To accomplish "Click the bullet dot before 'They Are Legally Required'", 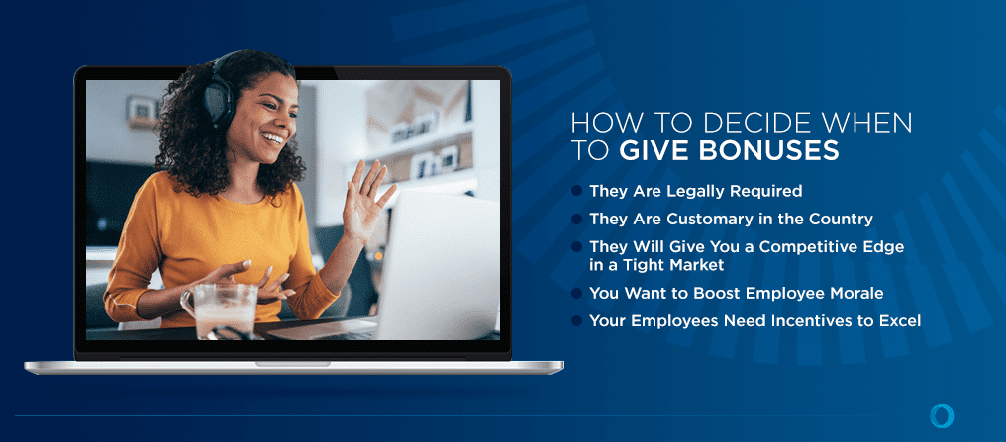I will click(578, 190).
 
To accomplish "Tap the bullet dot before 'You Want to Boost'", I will click(578, 293).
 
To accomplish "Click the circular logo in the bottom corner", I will click(942, 415).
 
